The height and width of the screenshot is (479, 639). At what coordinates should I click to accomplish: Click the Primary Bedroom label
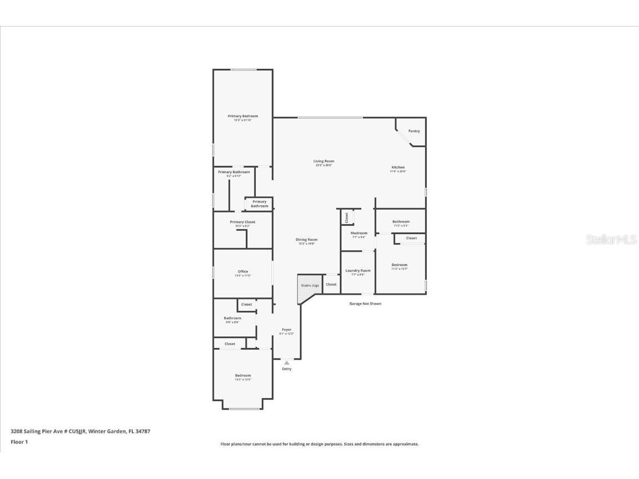click(x=243, y=116)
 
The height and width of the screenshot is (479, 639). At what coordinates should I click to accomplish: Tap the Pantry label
click(x=414, y=131)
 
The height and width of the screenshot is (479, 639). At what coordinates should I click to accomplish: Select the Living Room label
click(x=324, y=161)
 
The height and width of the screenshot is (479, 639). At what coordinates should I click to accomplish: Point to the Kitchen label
click(x=398, y=167)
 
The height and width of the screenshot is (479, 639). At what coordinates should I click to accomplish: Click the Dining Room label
click(x=306, y=239)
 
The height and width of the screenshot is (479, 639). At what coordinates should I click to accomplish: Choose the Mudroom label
click(x=359, y=233)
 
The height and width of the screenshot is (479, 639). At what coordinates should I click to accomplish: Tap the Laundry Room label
click(x=358, y=270)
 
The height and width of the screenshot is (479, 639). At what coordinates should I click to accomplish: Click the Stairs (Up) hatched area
click(x=309, y=286)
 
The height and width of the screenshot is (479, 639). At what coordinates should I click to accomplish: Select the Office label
click(x=243, y=271)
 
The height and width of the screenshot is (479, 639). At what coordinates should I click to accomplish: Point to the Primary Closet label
click(x=243, y=221)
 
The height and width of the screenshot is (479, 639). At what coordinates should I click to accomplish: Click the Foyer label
click(x=286, y=329)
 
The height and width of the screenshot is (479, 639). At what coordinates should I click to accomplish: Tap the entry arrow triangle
click(x=286, y=362)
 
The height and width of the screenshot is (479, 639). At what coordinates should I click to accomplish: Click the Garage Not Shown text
click(x=365, y=304)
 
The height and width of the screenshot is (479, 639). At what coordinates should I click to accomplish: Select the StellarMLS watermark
click(x=611, y=240)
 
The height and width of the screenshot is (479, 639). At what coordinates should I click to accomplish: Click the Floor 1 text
click(x=19, y=442)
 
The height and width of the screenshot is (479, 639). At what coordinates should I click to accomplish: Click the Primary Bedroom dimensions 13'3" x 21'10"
click(x=243, y=120)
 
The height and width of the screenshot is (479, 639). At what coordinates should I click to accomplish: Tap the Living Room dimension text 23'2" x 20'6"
click(x=324, y=165)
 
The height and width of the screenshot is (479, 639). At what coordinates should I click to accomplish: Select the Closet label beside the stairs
click(x=331, y=284)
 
